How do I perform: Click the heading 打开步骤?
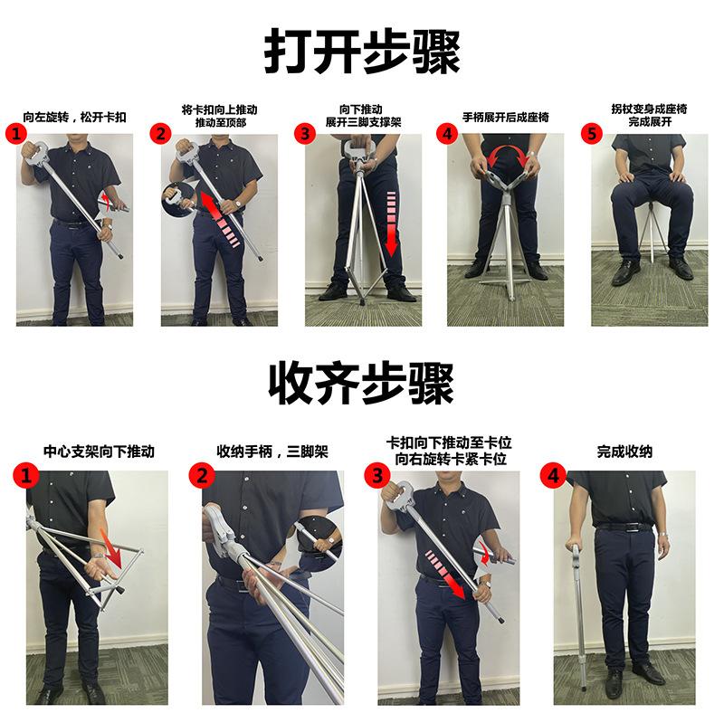tap(361, 49)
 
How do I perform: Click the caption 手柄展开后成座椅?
tap(505, 117)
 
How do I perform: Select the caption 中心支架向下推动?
tap(100, 451)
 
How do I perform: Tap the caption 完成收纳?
tap(624, 451)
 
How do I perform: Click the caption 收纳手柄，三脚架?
tap(271, 451)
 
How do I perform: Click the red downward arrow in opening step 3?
tap(391, 223)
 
